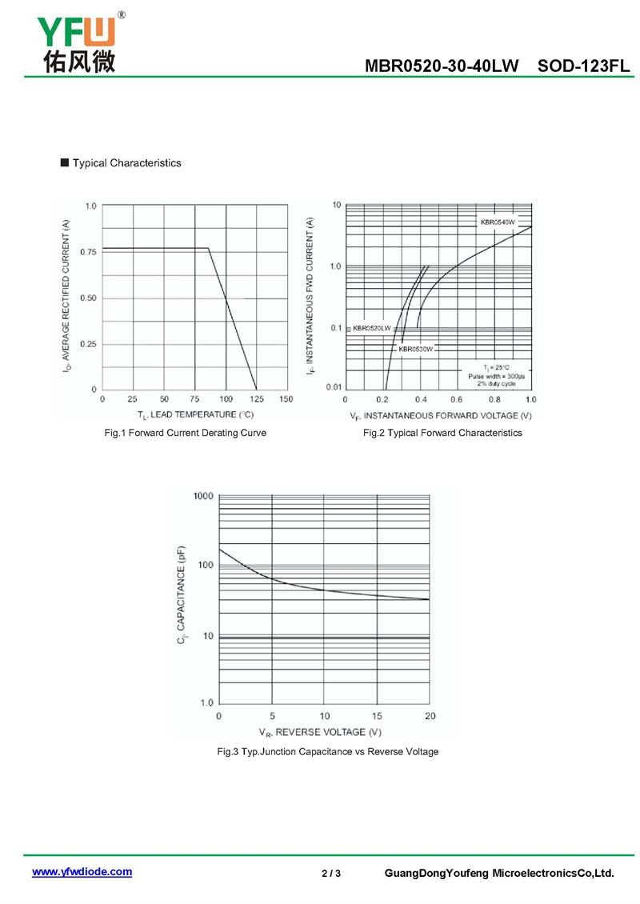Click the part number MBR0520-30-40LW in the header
coord(442,66)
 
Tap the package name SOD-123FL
coord(585,66)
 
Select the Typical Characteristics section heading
coord(126,163)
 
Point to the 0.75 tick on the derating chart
coord(88,252)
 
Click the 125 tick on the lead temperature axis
coord(256,398)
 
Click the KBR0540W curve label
coord(497,222)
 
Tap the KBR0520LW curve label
coord(372,328)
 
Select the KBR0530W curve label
coord(416,349)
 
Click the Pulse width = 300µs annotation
coord(497,376)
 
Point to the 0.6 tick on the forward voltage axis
coord(456,399)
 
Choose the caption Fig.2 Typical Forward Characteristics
coord(442,433)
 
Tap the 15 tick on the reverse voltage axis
coord(377,715)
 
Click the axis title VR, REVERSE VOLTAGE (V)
coord(320,732)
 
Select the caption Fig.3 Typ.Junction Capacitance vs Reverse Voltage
coord(328,752)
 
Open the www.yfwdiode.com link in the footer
coord(82,872)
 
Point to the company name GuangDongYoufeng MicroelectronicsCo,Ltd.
coord(499,873)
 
